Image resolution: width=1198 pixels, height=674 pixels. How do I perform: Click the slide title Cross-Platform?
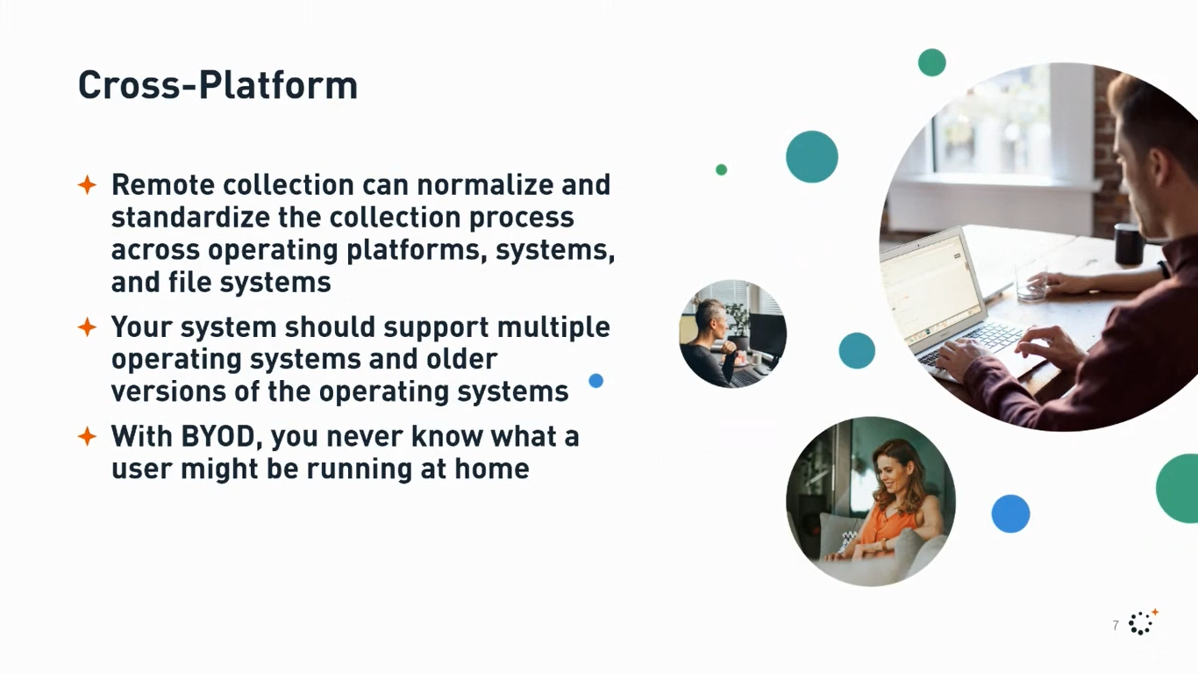coord(217,86)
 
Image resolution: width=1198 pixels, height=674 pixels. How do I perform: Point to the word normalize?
coord(481,185)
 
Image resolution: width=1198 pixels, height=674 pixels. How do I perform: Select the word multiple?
coord(553,326)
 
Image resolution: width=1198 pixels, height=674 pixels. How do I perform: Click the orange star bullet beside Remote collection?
coord(87,185)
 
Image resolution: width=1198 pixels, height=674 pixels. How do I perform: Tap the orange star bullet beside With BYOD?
coord(87,436)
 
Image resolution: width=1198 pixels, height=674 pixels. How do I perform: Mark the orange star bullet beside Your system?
coord(87,327)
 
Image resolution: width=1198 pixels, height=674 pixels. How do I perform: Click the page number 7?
coord(1116,626)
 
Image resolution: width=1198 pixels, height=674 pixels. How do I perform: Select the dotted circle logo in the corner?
coord(1141,622)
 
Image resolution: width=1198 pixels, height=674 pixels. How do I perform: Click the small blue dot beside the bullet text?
coord(596,381)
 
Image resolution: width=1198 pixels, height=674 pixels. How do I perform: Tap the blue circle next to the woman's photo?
coord(1010,513)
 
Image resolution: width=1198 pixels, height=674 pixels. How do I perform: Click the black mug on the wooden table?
coord(1128,243)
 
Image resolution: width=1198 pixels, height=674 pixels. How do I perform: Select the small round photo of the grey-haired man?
coord(732,334)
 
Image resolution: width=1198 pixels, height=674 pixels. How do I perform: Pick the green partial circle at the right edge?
coord(1180,489)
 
